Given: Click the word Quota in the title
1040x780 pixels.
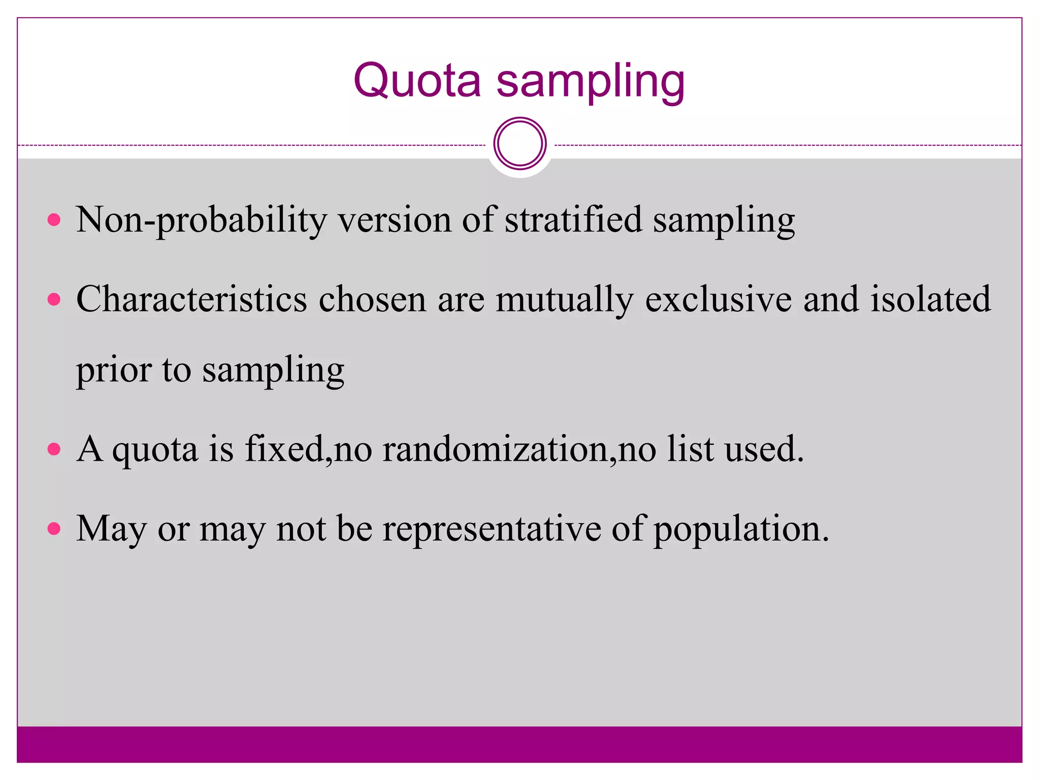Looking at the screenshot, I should pos(417,81).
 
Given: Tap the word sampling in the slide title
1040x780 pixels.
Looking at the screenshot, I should pos(591,82).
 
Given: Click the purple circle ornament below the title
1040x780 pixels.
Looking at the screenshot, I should pos(519,144).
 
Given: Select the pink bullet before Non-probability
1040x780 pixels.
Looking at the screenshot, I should pos(54,220).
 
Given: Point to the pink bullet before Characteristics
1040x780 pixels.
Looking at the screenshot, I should pos(54,299).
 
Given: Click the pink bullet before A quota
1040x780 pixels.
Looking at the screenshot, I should pos(54,449).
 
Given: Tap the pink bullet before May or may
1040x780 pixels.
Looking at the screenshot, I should pos(54,529).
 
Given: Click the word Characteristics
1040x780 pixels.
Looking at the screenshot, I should pos(191,299).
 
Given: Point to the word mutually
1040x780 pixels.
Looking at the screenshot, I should pos(565,300).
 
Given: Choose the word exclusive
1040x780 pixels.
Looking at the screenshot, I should pos(718,299).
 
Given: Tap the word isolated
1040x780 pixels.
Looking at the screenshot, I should pos(931,299).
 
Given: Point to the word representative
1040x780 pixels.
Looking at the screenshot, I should pos(492,529).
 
